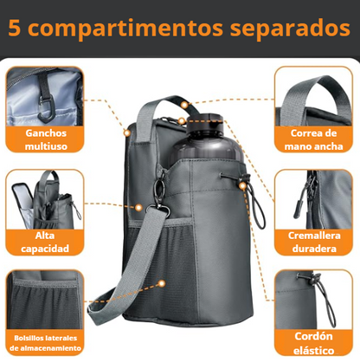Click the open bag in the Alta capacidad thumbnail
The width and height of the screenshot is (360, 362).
(43, 199)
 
